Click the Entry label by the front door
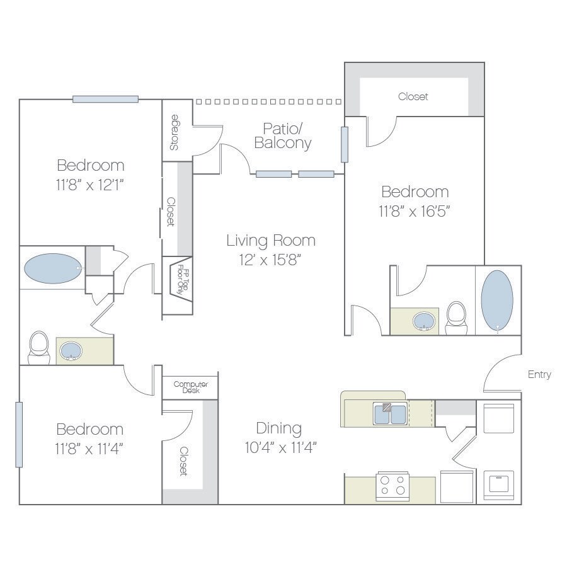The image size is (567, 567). click(539, 374)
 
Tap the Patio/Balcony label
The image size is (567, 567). click(283, 135)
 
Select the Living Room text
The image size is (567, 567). click(271, 240)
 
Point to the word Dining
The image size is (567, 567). click(279, 428)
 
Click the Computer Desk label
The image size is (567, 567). click(190, 387)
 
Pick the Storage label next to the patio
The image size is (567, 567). click(175, 132)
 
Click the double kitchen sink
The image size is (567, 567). click(390, 414)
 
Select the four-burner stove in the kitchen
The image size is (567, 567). click(392, 486)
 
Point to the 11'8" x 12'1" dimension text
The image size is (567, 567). click(90, 185)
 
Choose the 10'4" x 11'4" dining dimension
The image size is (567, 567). click(280, 448)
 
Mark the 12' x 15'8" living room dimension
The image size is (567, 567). click(271, 260)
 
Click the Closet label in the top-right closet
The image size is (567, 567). click(413, 96)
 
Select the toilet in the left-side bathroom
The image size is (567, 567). click(38, 347)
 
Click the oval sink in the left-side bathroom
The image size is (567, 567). click(70, 351)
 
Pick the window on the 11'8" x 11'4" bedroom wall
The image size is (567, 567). click(19, 434)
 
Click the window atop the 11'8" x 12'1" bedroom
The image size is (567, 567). click(105, 99)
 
